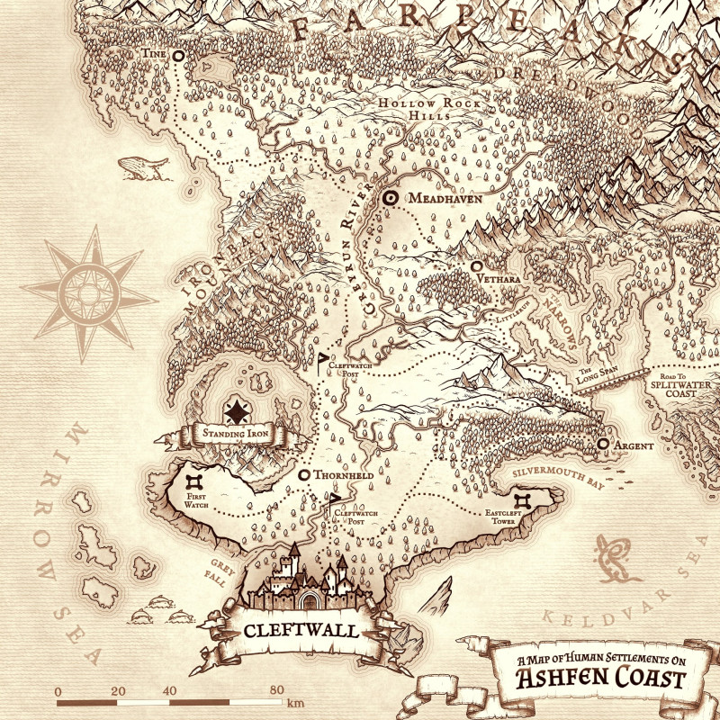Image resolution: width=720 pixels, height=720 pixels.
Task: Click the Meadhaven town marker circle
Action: [x=391, y=198]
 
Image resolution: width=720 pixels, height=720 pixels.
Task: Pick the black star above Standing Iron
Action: [x=237, y=412]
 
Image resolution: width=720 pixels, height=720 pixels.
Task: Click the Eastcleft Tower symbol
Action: [x=523, y=501]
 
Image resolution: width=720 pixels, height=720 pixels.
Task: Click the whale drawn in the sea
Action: [x=143, y=166]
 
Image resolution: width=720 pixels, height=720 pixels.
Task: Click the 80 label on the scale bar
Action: [x=274, y=690]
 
